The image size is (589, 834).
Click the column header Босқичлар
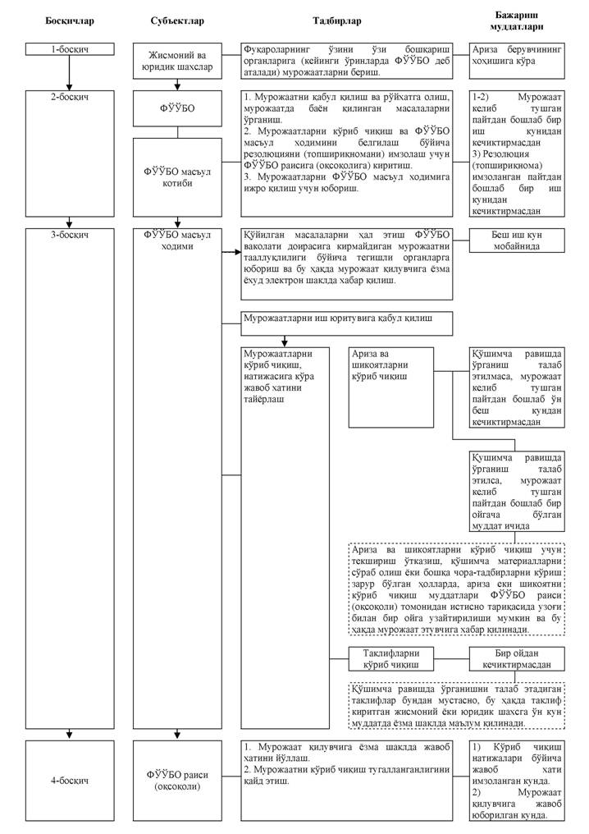(68, 20)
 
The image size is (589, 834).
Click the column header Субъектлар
(176, 20)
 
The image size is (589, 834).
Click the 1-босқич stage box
(69, 50)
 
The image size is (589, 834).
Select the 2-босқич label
(69, 96)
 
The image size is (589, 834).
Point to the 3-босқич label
(69, 235)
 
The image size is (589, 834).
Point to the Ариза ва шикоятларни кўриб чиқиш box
(391, 387)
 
